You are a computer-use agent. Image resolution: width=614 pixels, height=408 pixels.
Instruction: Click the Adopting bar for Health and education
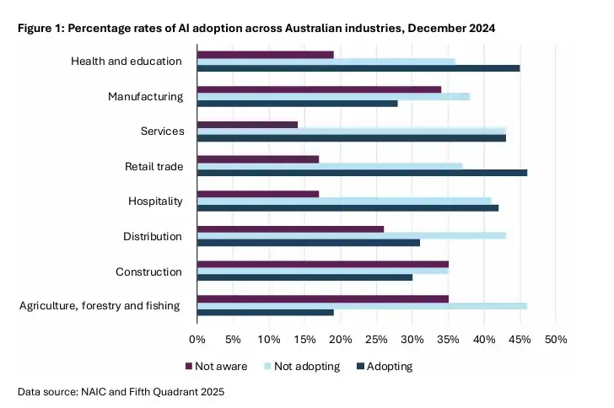(358, 68)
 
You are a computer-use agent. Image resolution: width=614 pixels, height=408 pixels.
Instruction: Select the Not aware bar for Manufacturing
(319, 89)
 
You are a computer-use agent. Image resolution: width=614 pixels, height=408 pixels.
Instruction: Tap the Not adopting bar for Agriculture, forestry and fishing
(362, 306)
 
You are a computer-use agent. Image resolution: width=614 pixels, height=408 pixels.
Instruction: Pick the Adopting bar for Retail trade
(362, 173)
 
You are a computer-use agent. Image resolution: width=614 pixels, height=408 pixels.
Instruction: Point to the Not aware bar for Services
(247, 125)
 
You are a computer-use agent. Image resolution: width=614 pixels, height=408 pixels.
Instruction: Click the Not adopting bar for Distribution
(352, 236)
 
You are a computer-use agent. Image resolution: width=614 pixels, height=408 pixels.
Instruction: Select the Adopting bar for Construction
(305, 277)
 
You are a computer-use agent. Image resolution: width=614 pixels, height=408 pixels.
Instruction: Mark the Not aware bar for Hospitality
(258, 194)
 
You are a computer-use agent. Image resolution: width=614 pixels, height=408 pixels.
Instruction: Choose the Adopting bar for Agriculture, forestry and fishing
(266, 313)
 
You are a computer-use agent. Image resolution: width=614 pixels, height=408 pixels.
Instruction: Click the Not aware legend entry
(217, 366)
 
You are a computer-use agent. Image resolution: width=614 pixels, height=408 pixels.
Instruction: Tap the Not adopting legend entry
(302, 366)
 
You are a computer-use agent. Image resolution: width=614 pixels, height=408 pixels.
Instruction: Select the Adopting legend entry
(385, 366)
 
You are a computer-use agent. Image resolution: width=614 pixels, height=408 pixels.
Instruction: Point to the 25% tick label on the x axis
(376, 340)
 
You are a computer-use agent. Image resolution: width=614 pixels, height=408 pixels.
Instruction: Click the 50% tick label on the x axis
(556, 340)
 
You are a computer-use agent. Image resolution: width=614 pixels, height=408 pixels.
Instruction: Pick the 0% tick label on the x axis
(197, 340)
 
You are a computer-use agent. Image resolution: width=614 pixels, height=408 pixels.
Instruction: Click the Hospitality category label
(155, 201)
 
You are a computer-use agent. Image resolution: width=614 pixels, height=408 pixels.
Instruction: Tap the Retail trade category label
(153, 166)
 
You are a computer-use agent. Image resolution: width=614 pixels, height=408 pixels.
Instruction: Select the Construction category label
(148, 271)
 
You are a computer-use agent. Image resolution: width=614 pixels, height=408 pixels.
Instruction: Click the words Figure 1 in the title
(40, 28)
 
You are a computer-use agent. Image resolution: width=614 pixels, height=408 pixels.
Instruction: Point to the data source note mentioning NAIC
(121, 391)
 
